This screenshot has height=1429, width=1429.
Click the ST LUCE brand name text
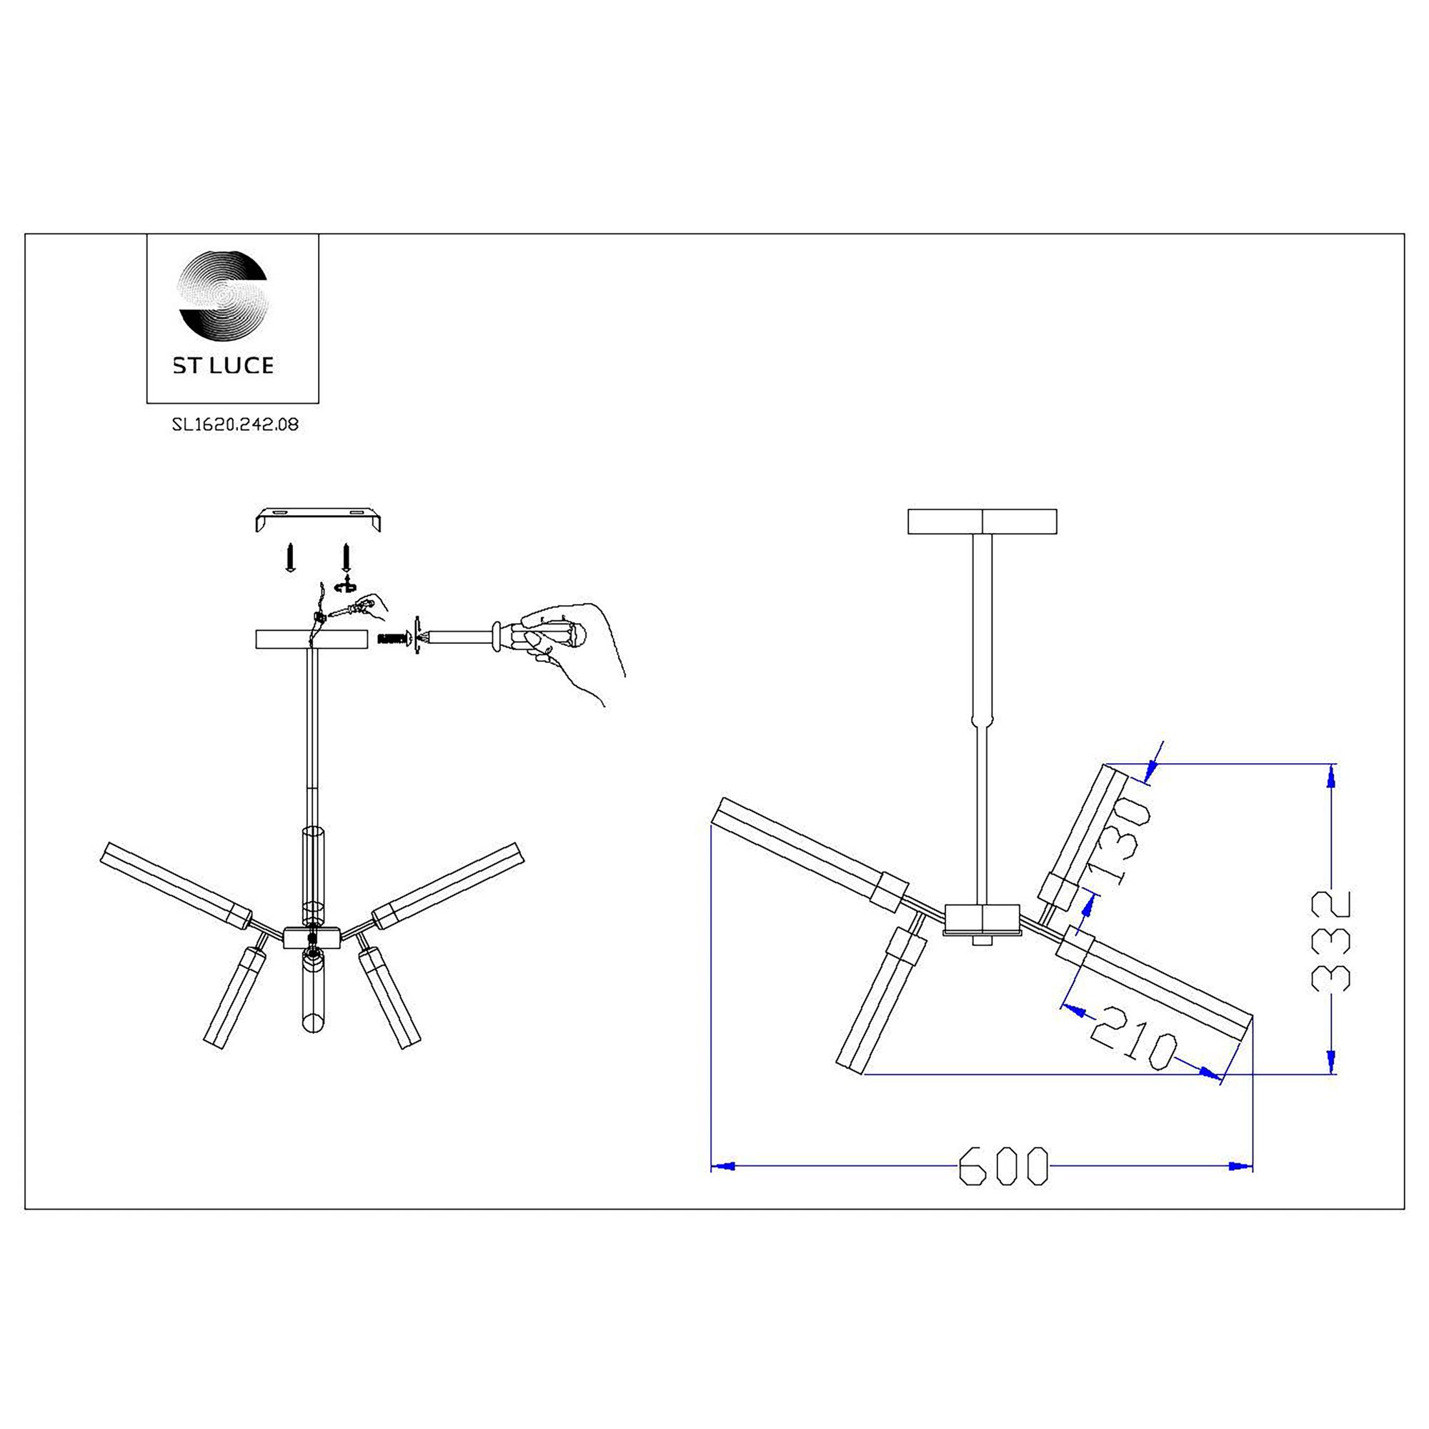click(x=224, y=365)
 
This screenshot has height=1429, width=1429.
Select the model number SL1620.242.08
click(x=235, y=424)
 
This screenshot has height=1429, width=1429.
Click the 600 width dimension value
click(x=1004, y=1167)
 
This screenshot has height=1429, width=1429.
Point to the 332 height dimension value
click(x=1330, y=941)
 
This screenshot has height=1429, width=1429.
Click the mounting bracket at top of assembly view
click(x=318, y=519)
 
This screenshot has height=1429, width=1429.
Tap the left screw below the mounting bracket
click(x=291, y=558)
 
